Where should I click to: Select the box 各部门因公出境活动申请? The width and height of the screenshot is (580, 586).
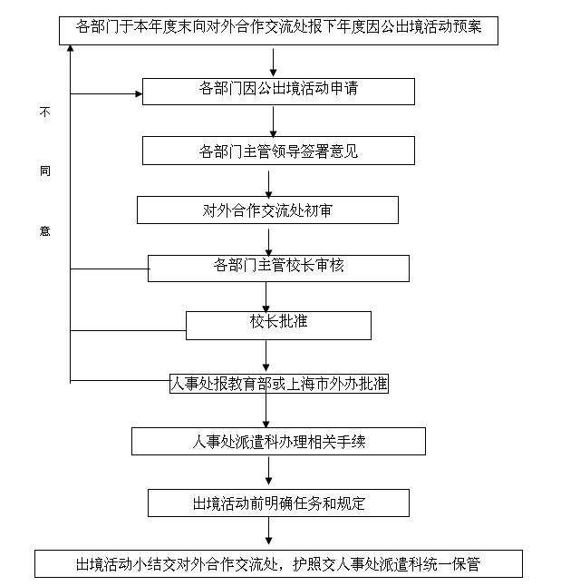(278, 91)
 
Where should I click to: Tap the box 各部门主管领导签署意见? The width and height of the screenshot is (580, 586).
(278, 151)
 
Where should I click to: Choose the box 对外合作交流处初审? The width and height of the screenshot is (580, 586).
(267, 210)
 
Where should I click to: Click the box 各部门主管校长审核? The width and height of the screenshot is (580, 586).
(278, 268)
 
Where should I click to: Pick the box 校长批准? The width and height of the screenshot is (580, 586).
(278, 325)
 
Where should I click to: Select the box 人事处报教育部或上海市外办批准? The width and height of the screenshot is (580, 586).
(279, 383)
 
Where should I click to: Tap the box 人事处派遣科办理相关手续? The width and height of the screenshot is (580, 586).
(278, 442)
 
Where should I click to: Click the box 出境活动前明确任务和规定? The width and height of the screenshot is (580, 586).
(278, 502)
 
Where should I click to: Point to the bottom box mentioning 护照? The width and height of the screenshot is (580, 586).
(278, 563)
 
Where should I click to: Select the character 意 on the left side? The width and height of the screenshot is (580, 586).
(44, 230)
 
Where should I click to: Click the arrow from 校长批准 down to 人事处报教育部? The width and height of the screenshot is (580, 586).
(266, 356)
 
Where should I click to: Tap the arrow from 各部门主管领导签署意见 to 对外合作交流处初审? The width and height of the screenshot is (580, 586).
(268, 181)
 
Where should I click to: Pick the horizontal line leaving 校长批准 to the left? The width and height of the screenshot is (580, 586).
(128, 331)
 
